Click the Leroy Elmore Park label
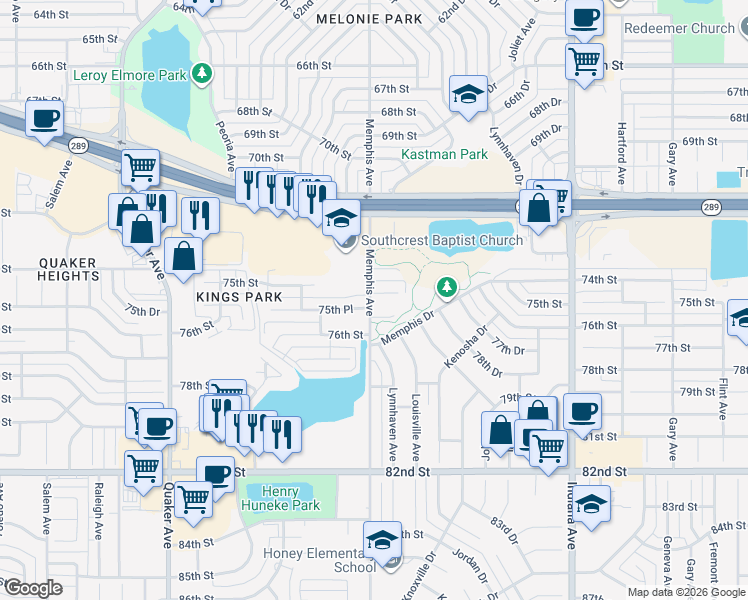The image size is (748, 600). coord(131,74)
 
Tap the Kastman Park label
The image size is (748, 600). coord(444,154)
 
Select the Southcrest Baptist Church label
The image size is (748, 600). coord(441,240)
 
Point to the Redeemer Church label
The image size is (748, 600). coord(679,28)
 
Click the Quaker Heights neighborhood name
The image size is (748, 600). coord(67,270)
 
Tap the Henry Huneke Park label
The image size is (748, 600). coord(289,498)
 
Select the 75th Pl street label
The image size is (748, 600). coord(335,310)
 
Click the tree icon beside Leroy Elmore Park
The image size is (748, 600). coord(203,73)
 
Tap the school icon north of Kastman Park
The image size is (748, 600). coord(466,94)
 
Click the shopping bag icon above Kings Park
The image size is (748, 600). coord(185,257)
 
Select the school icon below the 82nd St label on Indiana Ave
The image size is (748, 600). coord(592,503)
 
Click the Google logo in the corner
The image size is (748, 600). coord(32,588)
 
